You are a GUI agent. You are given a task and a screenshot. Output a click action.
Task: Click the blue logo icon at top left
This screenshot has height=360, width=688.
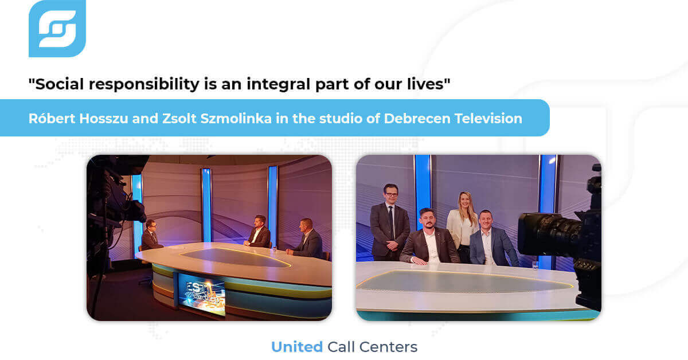tap(57, 29)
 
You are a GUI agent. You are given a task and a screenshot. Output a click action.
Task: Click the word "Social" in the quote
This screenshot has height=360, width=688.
tap(59, 84)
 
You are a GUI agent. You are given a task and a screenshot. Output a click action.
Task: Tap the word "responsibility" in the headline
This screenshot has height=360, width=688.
tap(144, 85)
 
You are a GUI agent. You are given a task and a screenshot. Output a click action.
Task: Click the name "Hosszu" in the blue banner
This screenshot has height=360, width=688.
tap(104, 119)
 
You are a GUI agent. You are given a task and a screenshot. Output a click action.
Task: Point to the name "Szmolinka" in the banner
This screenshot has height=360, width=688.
tap(236, 119)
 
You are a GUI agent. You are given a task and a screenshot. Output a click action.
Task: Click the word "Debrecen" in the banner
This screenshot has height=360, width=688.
tap(417, 119)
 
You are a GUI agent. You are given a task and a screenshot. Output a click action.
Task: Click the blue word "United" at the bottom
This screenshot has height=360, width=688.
tap(297, 347)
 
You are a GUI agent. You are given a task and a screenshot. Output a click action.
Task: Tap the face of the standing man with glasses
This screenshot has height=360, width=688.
tap(390, 194)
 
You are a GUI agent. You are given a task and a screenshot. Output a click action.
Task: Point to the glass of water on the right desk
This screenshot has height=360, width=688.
tap(535, 265)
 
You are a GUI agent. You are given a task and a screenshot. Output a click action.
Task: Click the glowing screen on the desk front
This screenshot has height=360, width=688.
tap(202, 294)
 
